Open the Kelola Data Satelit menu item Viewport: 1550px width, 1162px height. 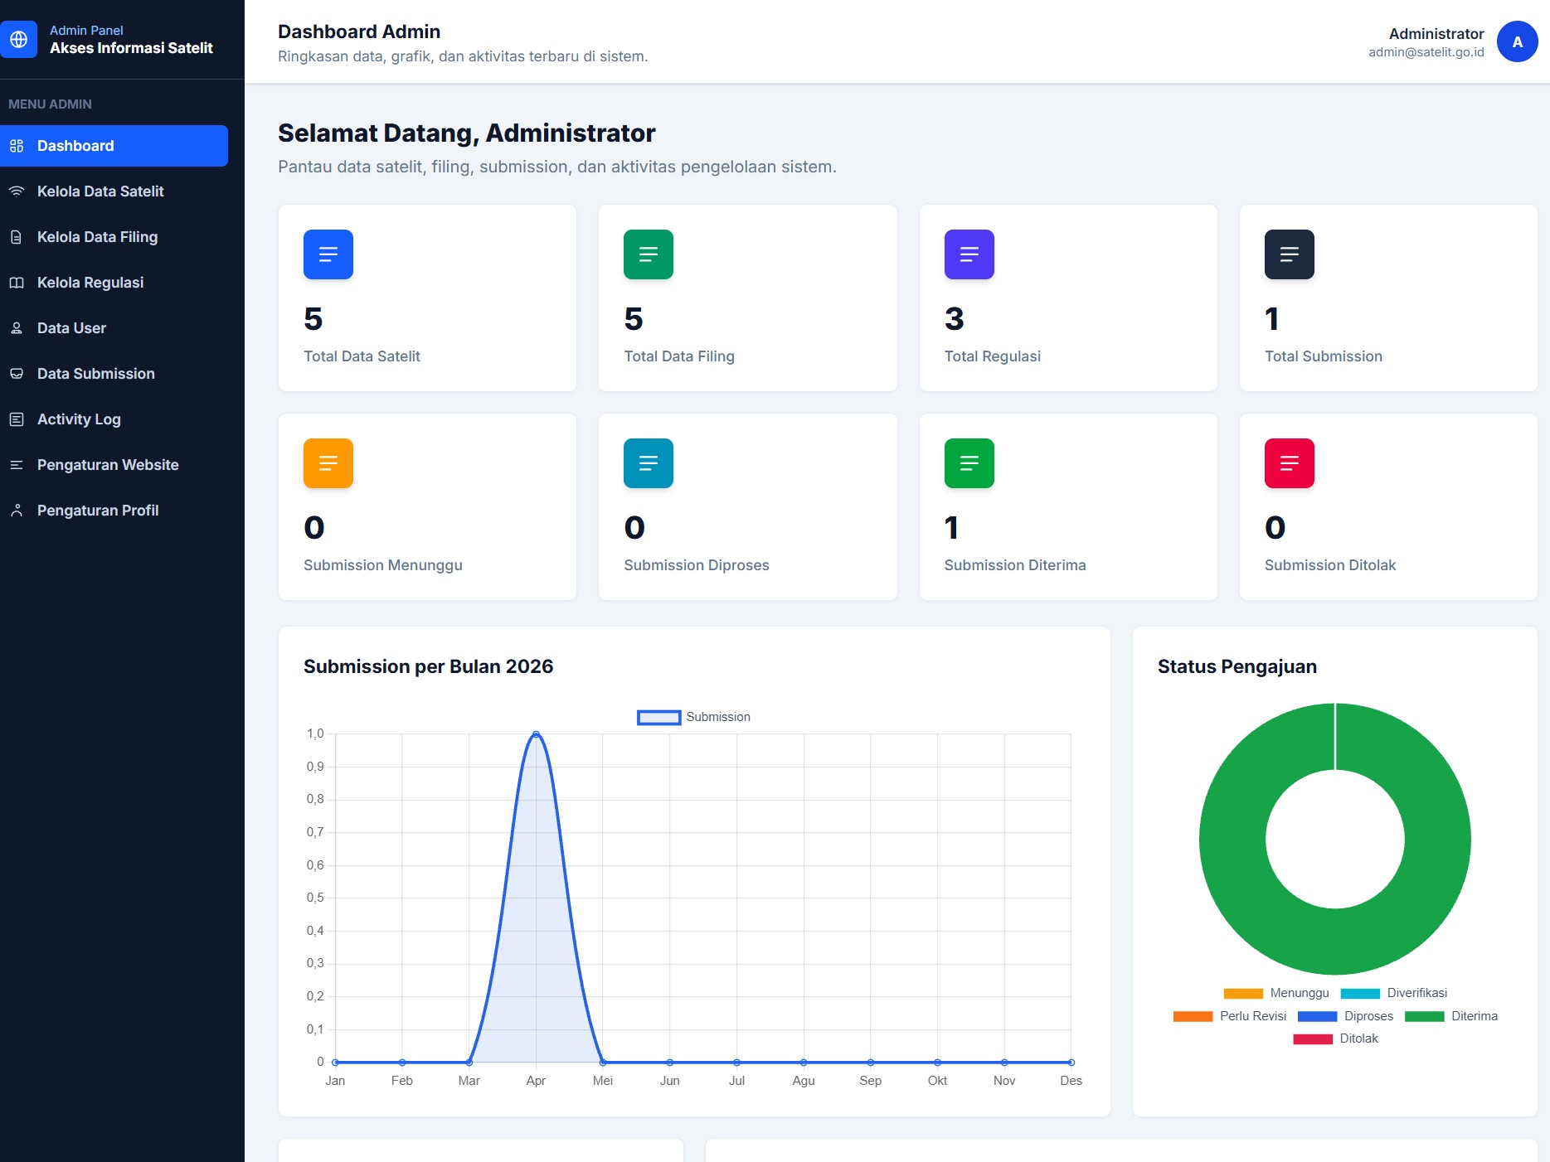(x=100, y=191)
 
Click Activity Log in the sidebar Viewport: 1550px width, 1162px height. (x=79, y=419)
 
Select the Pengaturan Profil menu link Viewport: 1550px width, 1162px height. (x=98, y=511)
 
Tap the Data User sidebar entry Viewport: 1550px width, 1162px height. (x=71, y=328)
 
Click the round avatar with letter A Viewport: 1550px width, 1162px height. (x=1517, y=41)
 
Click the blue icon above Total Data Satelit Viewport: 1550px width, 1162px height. (x=328, y=254)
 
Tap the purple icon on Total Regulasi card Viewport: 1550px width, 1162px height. (x=969, y=254)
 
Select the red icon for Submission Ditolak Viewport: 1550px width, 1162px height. (x=1289, y=463)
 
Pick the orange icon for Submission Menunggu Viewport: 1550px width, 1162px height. (x=328, y=463)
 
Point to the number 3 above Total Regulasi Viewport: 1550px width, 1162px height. (x=955, y=319)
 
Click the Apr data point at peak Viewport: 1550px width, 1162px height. (x=536, y=734)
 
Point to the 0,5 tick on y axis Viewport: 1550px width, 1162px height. (x=315, y=898)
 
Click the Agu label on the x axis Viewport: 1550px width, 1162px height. (x=804, y=1081)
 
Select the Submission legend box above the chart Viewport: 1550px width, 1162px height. (x=659, y=717)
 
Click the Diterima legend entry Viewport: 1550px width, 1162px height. (x=1451, y=1016)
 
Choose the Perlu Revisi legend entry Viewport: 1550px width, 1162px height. (x=1230, y=1016)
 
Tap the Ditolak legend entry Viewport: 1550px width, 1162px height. (x=1335, y=1039)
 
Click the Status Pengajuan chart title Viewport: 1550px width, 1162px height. (x=1237, y=666)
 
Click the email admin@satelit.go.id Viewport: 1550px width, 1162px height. (x=1426, y=52)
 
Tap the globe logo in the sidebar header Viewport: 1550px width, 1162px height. (x=18, y=39)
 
